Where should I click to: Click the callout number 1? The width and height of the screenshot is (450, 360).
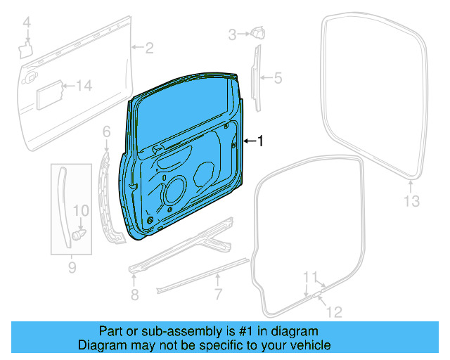tap(260, 141)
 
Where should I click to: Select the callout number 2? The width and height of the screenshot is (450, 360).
tap(149, 48)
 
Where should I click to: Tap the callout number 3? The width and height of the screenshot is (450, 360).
tap(231, 33)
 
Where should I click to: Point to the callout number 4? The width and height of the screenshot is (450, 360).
tap(27, 25)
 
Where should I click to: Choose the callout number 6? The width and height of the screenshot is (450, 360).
tap(106, 131)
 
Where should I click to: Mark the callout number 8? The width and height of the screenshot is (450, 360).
tap(134, 293)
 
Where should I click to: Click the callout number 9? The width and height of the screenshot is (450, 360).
tap(72, 267)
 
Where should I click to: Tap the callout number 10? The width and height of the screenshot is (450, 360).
tap(81, 210)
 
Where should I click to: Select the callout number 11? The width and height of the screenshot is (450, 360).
tap(310, 276)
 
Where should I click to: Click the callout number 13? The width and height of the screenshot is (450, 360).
tap(411, 202)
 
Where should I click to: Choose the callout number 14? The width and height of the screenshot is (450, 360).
tap(84, 86)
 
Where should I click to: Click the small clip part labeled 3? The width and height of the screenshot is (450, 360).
tap(257, 32)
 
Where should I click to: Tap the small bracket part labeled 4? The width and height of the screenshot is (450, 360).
tap(26, 48)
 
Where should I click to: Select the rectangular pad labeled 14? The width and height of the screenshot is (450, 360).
tap(50, 93)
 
